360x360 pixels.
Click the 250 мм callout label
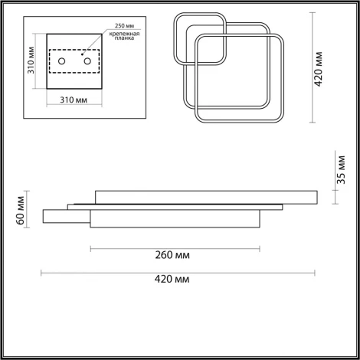click(x=124, y=26)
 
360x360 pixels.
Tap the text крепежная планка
click(x=124, y=36)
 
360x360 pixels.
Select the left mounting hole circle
click(x=62, y=61)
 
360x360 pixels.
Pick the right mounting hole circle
click(x=87, y=61)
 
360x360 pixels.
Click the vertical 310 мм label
click(x=31, y=61)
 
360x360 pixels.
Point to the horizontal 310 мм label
click(x=74, y=100)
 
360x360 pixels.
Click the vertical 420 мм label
click(x=319, y=69)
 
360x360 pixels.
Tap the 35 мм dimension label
click(x=341, y=170)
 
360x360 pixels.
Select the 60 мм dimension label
click(x=20, y=211)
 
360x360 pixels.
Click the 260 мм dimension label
click(x=172, y=255)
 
